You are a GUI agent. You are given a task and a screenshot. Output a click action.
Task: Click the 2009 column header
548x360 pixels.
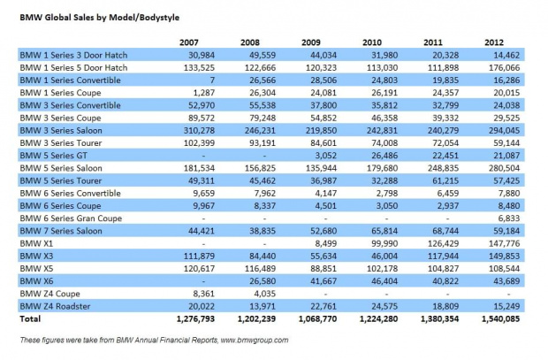311,42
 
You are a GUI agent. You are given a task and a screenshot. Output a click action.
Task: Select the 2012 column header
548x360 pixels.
494,42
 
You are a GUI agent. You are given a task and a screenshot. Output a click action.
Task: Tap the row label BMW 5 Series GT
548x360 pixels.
53,156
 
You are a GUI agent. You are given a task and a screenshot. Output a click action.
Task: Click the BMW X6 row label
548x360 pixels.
36,281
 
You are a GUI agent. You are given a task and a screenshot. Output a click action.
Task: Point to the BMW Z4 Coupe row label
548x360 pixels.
50,294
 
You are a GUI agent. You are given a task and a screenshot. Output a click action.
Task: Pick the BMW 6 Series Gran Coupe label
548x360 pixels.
71,218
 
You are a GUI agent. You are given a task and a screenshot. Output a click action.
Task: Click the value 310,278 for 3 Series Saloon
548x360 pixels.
199,131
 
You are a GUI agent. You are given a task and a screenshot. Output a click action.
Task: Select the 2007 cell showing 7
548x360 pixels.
212,80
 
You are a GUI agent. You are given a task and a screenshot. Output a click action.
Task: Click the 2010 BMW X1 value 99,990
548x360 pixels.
384,243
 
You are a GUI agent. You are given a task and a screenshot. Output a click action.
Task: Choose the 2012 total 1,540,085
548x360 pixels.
500,318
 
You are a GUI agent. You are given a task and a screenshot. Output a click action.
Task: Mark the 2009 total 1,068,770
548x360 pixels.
317,318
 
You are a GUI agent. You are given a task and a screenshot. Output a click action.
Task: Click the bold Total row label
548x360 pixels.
30,318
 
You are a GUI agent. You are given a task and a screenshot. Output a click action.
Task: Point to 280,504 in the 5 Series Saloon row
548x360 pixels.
505,168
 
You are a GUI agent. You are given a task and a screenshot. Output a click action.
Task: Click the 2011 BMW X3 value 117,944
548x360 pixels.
443,257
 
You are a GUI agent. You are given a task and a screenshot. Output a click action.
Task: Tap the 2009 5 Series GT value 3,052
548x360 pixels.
326,156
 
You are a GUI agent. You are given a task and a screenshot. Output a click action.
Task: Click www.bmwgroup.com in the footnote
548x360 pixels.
255,340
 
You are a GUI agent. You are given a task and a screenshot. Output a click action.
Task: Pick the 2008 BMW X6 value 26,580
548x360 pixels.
263,281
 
